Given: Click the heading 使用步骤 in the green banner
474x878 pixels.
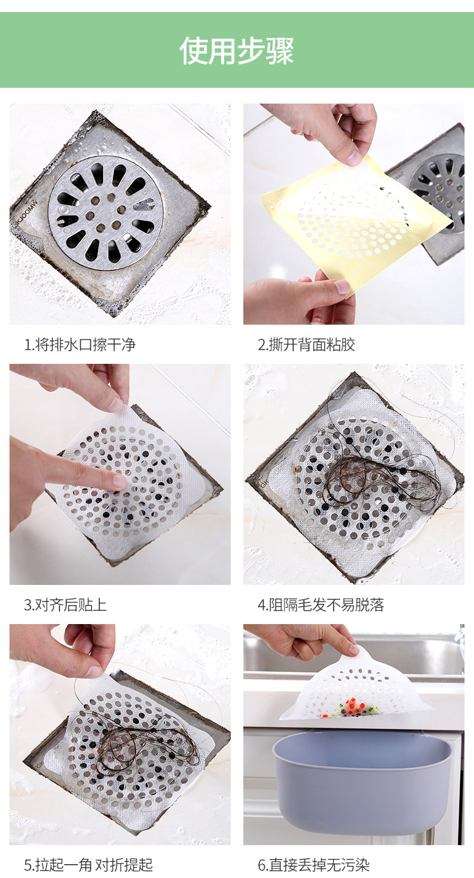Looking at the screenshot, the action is [236, 51].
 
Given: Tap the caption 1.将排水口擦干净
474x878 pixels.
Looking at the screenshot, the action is [80, 344].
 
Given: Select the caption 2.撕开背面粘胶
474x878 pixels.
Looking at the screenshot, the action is [306, 344].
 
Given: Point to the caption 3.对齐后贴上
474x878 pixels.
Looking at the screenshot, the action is [65, 604].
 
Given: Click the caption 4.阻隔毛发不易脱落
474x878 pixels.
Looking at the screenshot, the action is [320, 604].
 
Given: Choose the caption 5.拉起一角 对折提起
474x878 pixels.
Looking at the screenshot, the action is [88, 865].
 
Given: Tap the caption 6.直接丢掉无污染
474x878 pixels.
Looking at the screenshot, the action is [313, 865].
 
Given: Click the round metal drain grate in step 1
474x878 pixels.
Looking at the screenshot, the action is [106, 213].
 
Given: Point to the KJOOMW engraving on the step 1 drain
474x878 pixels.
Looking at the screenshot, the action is [27, 212].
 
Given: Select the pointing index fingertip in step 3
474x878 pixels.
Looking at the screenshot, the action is [119, 481].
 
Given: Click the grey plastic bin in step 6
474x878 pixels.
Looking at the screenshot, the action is [362, 778].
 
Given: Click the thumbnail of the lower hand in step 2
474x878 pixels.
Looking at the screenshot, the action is [342, 287].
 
